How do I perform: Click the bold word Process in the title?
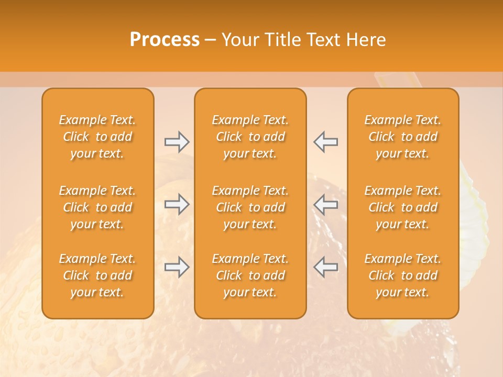(x=165, y=40)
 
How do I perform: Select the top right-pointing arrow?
(x=177, y=141)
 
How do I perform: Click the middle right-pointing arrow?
(x=177, y=204)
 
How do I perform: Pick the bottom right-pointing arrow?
(x=177, y=267)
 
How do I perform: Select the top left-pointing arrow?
(x=326, y=141)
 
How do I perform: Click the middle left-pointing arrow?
(x=326, y=204)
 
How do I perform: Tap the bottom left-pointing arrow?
(x=326, y=267)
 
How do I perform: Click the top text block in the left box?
(x=97, y=137)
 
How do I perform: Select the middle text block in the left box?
(x=97, y=207)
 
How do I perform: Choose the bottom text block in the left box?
(x=97, y=275)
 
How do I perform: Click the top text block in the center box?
(x=250, y=137)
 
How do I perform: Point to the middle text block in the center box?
(x=250, y=207)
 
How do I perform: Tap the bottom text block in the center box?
(x=250, y=275)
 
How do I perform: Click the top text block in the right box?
(x=403, y=137)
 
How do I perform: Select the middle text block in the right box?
(x=403, y=207)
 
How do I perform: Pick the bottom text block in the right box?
(x=403, y=275)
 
